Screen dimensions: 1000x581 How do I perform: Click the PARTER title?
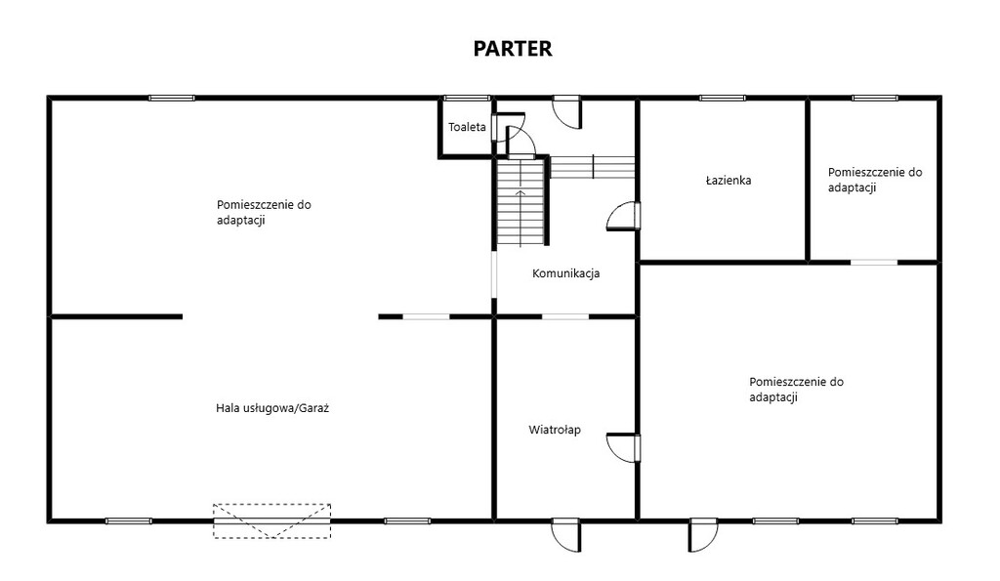coord(512,49)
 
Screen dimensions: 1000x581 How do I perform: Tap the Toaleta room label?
coord(467,127)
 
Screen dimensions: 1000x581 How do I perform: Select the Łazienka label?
coord(729,181)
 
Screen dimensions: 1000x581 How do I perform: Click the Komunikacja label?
coord(565,273)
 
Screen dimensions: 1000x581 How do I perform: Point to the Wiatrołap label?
coord(555,430)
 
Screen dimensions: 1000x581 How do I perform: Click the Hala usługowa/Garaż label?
coord(272,408)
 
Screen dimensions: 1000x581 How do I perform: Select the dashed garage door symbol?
coord(271,521)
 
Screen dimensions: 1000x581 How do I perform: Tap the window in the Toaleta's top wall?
coord(467,99)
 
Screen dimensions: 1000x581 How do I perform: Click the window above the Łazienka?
coord(722,99)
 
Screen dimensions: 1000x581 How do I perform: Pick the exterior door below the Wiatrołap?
coord(566,534)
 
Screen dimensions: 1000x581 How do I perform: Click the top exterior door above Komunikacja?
coord(567,111)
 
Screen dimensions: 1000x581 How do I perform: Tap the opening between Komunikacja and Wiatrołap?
coord(565,316)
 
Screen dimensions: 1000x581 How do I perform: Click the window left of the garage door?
coord(129,521)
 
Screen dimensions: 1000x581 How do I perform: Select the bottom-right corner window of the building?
coord(875,521)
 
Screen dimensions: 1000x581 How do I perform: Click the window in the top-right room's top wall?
coord(875,99)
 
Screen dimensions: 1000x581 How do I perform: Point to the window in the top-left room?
coord(172,99)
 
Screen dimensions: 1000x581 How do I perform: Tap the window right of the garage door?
coord(407,521)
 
